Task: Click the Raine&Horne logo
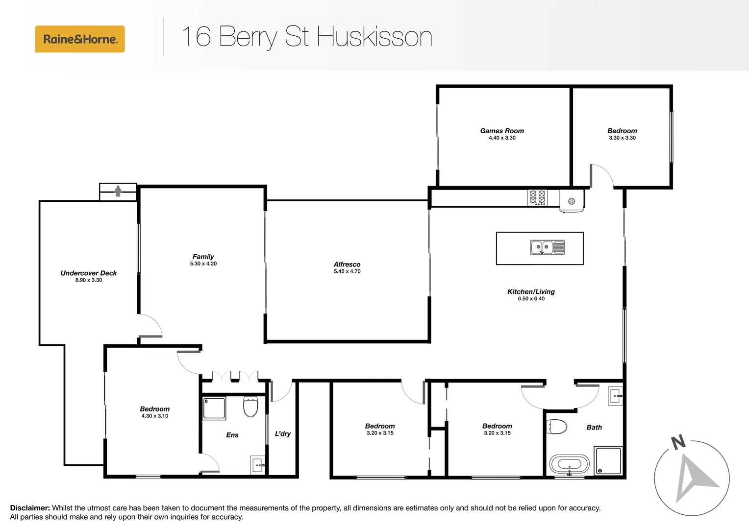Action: click(80, 39)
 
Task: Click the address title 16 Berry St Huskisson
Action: click(307, 37)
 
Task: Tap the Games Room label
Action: click(502, 131)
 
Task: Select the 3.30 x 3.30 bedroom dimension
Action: click(622, 138)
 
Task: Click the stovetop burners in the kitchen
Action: click(537, 197)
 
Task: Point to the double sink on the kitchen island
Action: click(547, 247)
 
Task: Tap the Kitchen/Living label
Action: click(531, 291)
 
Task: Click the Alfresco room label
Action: click(347, 264)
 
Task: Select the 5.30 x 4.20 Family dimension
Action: click(203, 264)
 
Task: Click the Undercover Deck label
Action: click(89, 273)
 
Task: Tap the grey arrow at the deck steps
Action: click(118, 191)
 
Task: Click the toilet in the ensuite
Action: click(250, 407)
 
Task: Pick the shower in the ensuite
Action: click(214, 408)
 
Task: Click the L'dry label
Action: click(283, 433)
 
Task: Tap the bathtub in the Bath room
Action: click(569, 464)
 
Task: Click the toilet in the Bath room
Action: click(557, 427)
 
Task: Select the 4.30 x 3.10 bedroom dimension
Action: click(155, 416)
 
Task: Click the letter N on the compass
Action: click(678, 442)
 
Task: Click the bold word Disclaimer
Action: click(30, 508)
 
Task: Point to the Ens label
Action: click(232, 435)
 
